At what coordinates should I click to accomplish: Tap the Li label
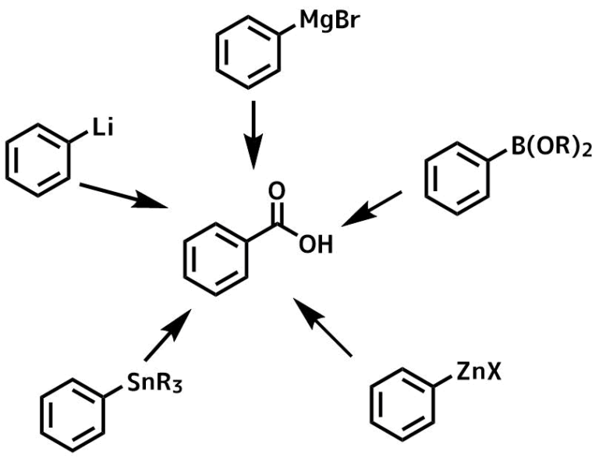103,128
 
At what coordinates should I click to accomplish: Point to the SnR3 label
154,383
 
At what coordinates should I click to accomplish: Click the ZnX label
478,372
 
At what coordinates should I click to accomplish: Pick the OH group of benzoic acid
316,244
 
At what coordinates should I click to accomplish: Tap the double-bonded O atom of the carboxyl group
276,191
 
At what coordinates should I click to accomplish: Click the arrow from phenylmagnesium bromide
253,135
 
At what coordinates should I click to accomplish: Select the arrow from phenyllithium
125,196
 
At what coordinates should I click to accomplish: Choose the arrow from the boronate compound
371,209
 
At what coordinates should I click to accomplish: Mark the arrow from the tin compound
168,335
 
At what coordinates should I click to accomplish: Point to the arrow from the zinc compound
322,327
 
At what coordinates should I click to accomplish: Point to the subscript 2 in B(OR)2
586,151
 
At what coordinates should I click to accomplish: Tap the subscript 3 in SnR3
176,387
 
